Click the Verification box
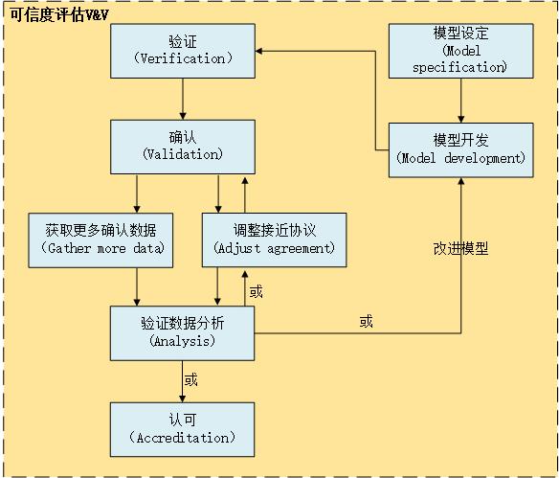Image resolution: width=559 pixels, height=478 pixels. pyautogui.click(x=183, y=51)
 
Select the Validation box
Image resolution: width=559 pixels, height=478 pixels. pyautogui.click(x=183, y=147)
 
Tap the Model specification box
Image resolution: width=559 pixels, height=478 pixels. pyautogui.click(x=461, y=51)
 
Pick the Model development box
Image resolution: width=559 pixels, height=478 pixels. pyautogui.click(x=461, y=150)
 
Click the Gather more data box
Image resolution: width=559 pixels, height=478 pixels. pyautogui.click(x=101, y=240)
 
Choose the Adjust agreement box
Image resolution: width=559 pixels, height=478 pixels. pyautogui.click(x=274, y=240)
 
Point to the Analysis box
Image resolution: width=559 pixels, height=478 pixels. pyautogui.click(x=182, y=333)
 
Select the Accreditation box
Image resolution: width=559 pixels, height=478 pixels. pyautogui.click(x=182, y=429)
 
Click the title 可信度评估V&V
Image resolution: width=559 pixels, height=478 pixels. pyautogui.click(x=58, y=15)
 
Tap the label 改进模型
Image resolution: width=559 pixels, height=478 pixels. pyautogui.click(x=460, y=249)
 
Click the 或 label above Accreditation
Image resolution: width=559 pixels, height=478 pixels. pyautogui.click(x=190, y=379)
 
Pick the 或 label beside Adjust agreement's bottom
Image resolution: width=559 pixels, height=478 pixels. pyautogui.click(x=256, y=292)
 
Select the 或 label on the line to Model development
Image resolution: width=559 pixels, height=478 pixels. pyautogui.click(x=367, y=322)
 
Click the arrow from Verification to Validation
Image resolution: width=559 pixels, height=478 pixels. pyautogui.click(x=183, y=100)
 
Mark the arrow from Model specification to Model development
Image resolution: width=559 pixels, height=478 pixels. pyautogui.click(x=461, y=101)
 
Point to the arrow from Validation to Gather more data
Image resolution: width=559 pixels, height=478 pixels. pyautogui.click(x=137, y=193)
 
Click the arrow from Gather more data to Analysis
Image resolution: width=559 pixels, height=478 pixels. pyautogui.click(x=137, y=286)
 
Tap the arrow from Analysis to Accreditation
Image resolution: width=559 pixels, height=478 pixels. pyautogui.click(x=182, y=381)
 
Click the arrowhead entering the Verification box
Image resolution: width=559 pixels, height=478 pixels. pyautogui.click(x=258, y=51)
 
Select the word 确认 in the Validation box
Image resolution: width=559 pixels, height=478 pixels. pyautogui.click(x=183, y=137)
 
